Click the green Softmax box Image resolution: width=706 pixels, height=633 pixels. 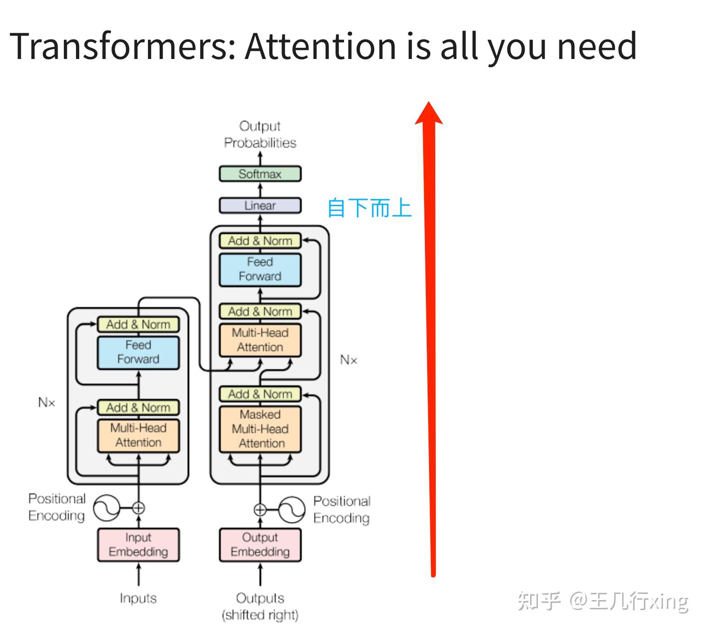[x=260, y=174]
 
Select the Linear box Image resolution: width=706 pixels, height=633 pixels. [x=260, y=205]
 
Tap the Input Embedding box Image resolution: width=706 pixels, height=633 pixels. [x=138, y=545]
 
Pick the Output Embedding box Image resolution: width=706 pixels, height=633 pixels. [x=260, y=545]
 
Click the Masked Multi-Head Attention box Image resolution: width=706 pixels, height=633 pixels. [x=260, y=429]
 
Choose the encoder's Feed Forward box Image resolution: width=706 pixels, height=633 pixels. [x=138, y=352]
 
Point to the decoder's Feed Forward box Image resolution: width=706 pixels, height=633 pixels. [x=260, y=269]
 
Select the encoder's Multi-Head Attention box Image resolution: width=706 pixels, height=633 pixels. [x=138, y=435]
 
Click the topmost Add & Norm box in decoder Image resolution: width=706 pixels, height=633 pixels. [x=260, y=241]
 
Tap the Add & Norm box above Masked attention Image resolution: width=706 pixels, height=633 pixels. [x=260, y=394]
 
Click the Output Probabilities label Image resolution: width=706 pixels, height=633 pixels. [x=260, y=134]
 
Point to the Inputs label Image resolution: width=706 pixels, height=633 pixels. [x=138, y=598]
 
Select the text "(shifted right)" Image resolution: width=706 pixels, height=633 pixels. [x=260, y=615]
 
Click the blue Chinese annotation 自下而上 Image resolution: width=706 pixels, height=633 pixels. [x=369, y=208]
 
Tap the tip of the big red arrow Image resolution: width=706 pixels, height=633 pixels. [x=429, y=104]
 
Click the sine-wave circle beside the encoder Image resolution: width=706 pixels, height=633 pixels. [x=106, y=508]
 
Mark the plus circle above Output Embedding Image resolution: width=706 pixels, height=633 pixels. [x=260, y=510]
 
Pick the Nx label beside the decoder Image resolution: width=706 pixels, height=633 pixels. [x=349, y=360]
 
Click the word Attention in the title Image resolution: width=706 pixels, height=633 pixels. [x=320, y=46]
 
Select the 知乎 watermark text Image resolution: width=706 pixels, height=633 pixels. [x=539, y=601]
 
